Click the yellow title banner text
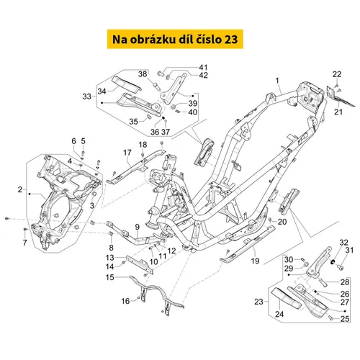(x=179, y=38)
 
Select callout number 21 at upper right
(x=338, y=111)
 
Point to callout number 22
(x=336, y=74)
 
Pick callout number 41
(x=182, y=68)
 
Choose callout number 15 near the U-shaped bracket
(x=110, y=276)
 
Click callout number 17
(x=125, y=153)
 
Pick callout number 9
(x=136, y=227)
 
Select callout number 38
(x=143, y=74)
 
